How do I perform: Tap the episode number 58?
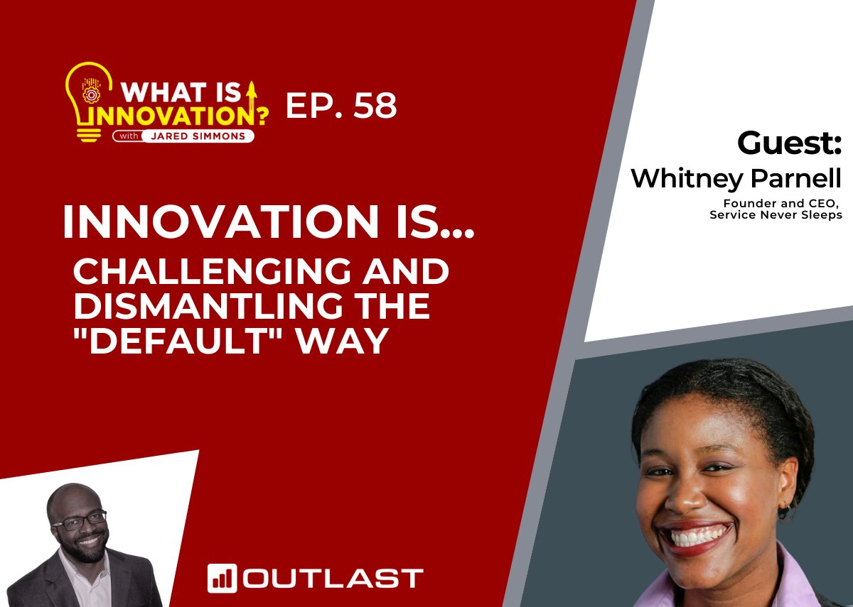coord(375,105)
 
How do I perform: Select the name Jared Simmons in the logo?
coord(198,136)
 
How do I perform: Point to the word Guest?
coord(789,143)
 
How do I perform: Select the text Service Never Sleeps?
coord(776,215)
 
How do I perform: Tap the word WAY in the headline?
coord(343,341)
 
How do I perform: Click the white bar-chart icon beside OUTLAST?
coord(222,579)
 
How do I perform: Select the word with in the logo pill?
coord(129,136)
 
